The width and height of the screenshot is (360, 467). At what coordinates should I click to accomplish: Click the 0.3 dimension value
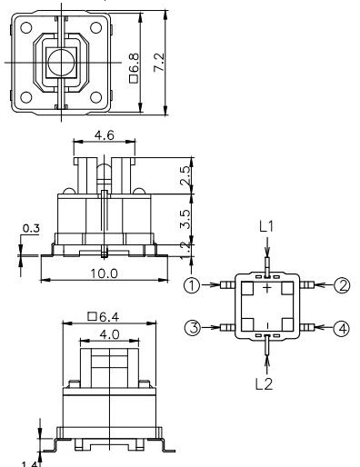(x=31, y=228)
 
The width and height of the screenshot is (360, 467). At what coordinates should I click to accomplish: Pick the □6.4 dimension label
(x=105, y=316)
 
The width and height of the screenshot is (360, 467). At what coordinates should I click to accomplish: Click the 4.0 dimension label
(x=107, y=333)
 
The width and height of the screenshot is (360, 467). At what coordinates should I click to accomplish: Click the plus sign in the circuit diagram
(x=266, y=289)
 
